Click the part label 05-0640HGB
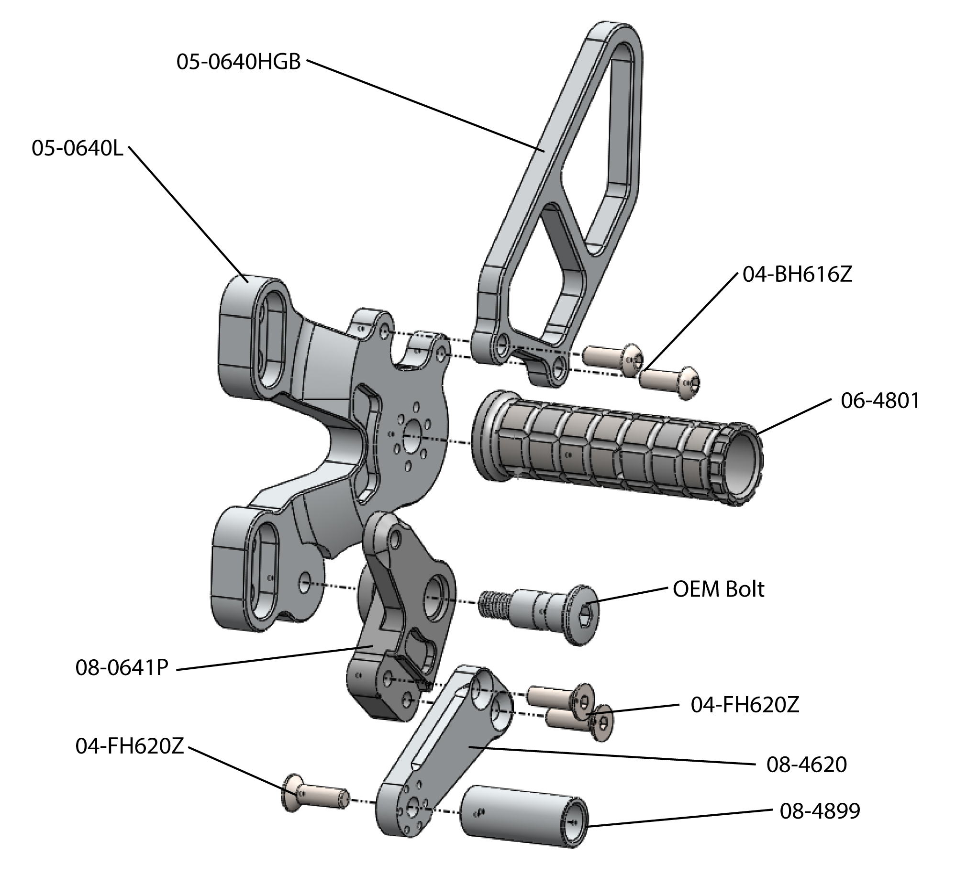tap(238, 62)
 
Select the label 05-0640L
tap(77, 149)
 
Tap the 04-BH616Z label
tap(797, 275)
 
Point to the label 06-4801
tap(880, 401)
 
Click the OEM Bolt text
tap(718, 590)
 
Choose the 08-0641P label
tap(122, 668)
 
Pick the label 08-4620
tap(806, 765)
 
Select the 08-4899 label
tap(820, 811)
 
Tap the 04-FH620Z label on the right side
tap(745, 705)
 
